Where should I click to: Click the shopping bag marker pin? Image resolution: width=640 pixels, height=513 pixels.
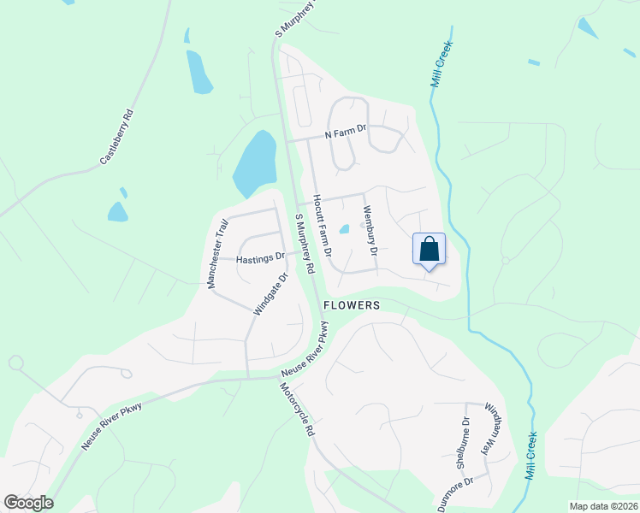[x=430, y=250]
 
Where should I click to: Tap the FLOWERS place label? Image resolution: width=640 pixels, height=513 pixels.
[x=352, y=305]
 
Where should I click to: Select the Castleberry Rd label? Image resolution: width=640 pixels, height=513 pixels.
[x=117, y=136]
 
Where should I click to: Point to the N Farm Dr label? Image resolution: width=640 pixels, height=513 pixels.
[x=345, y=133]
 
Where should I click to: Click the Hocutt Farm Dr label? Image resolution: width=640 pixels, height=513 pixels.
[x=321, y=227]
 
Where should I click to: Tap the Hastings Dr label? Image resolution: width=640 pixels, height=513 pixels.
[x=260, y=256]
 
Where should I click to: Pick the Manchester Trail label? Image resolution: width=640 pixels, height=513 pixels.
[x=220, y=253]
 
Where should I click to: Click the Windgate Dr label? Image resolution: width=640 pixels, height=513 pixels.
[x=270, y=293]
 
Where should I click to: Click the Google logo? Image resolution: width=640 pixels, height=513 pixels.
[x=28, y=503]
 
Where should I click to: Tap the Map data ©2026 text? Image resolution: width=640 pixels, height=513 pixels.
[x=603, y=506]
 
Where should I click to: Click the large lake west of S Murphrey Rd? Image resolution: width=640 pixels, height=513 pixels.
[x=255, y=162]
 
